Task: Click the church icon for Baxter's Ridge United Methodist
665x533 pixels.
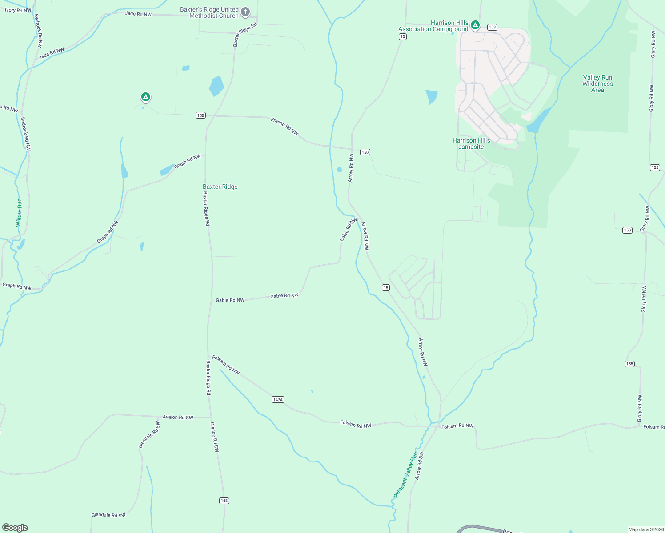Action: pyautogui.click(x=245, y=12)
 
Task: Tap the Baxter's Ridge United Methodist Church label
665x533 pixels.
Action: pyautogui.click(x=209, y=12)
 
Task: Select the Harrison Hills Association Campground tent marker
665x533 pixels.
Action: pyautogui.click(x=475, y=25)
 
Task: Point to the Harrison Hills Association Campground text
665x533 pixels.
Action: pyautogui.click(x=433, y=26)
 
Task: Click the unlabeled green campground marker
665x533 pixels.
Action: pyautogui.click(x=145, y=96)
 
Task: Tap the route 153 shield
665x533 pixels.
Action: pyautogui.click(x=492, y=27)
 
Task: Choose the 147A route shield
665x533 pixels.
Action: pyautogui.click(x=278, y=400)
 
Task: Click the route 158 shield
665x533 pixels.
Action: pyautogui.click(x=224, y=501)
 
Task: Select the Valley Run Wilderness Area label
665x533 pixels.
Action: pyautogui.click(x=597, y=84)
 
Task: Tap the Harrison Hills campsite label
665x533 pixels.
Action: pyautogui.click(x=471, y=143)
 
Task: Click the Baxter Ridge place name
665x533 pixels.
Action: pyautogui.click(x=220, y=187)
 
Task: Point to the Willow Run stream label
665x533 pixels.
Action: pyautogui.click(x=19, y=212)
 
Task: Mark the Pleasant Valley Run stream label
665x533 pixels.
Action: pyautogui.click(x=406, y=475)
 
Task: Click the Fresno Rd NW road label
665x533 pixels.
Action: pyautogui.click(x=285, y=127)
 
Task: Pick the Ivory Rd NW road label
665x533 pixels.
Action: pyautogui.click(x=18, y=10)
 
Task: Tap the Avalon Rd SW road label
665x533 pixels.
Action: pyautogui.click(x=178, y=417)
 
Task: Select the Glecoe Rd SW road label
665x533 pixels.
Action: pyautogui.click(x=215, y=437)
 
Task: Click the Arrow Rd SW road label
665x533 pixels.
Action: pyautogui.click(x=419, y=465)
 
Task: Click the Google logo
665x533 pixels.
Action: pyautogui.click(x=15, y=528)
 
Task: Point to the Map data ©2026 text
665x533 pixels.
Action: pyautogui.click(x=645, y=529)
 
